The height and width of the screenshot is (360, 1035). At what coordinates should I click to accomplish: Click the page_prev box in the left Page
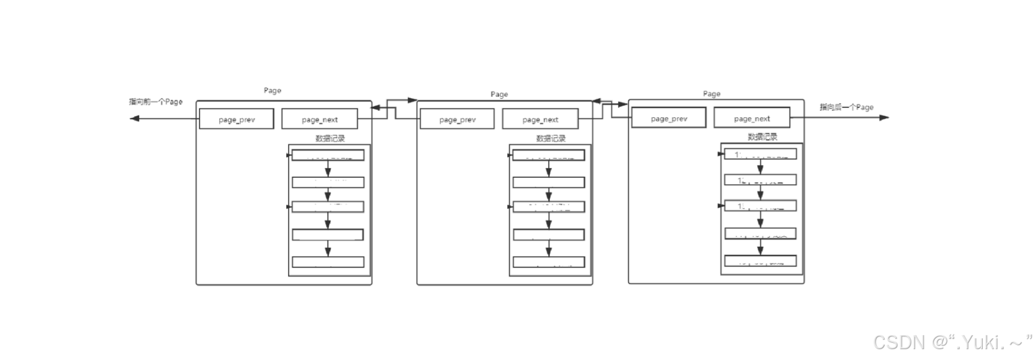pos(236,119)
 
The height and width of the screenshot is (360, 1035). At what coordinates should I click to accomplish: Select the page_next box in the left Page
pos(319,119)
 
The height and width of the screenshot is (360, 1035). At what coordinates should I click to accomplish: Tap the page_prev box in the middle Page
pos(457,119)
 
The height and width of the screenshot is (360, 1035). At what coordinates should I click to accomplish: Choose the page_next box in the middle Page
pos(540,119)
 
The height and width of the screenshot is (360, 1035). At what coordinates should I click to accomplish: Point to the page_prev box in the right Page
pos(669,118)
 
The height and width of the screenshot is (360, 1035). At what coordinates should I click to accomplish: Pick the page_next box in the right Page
pos(751,118)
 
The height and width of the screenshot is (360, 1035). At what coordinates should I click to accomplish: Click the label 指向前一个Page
pos(156,101)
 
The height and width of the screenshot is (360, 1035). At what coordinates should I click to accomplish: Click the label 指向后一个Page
pos(846,107)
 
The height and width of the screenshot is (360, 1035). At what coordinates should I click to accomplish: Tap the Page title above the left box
pos(272,90)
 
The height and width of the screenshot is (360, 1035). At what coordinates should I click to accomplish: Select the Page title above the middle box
pos(499,94)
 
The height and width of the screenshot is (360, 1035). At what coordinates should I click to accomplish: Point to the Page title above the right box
pos(711,94)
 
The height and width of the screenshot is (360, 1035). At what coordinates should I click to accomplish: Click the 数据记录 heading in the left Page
pos(330,138)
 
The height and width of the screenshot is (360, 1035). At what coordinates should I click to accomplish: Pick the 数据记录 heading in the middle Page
pos(551,138)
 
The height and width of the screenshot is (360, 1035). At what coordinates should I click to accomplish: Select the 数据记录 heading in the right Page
pos(762,137)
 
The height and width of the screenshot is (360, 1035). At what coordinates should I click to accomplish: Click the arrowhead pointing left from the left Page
pos(134,118)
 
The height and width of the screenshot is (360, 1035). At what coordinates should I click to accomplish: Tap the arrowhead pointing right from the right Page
pos(884,117)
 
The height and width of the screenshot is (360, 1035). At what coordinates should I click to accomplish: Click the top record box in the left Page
pos(328,155)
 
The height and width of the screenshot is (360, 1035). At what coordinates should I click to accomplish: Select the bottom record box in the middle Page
pos(549,262)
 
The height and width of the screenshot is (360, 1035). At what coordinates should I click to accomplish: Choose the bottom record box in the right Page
pos(760,261)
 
